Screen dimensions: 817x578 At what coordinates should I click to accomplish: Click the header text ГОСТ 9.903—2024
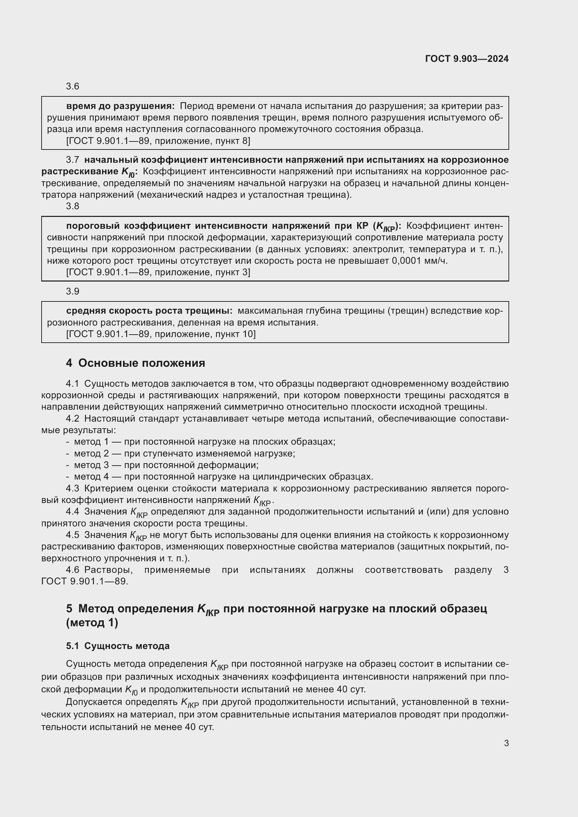(x=467, y=59)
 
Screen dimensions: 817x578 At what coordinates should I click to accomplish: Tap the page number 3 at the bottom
(x=506, y=743)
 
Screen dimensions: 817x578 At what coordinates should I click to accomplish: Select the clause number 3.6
(x=73, y=87)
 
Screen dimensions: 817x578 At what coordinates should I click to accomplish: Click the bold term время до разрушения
(x=120, y=106)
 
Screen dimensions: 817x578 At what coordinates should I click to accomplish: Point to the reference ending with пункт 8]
(x=158, y=141)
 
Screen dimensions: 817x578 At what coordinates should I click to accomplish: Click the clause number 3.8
(x=73, y=206)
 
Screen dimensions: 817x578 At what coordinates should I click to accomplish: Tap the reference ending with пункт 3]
(x=158, y=272)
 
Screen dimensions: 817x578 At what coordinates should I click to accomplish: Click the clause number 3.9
(x=73, y=291)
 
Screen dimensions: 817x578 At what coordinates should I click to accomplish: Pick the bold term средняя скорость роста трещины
(x=149, y=311)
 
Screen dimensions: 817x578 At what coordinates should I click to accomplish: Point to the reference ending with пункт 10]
(x=160, y=334)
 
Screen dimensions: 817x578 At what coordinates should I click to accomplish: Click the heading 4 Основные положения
(x=135, y=363)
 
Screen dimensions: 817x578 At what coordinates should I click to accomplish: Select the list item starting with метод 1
(x=204, y=442)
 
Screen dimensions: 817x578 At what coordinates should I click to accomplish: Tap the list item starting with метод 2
(x=185, y=454)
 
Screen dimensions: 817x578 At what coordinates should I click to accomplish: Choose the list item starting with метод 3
(x=166, y=465)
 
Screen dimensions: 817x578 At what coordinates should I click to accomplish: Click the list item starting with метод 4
(x=223, y=477)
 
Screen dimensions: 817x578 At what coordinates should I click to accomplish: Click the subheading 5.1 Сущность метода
(x=117, y=646)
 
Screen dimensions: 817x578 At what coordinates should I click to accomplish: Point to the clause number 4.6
(x=73, y=570)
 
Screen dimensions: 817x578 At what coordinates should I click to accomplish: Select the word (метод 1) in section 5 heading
(x=92, y=623)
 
